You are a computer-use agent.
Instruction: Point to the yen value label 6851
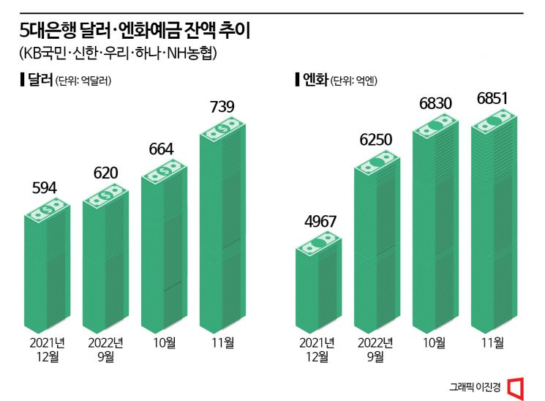tap(493, 98)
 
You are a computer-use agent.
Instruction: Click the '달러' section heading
tap(40, 80)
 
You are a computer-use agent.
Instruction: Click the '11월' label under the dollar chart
tap(222, 342)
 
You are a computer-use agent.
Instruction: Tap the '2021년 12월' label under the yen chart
tap(317, 349)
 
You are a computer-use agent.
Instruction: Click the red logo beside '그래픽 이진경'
tap(516, 387)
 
